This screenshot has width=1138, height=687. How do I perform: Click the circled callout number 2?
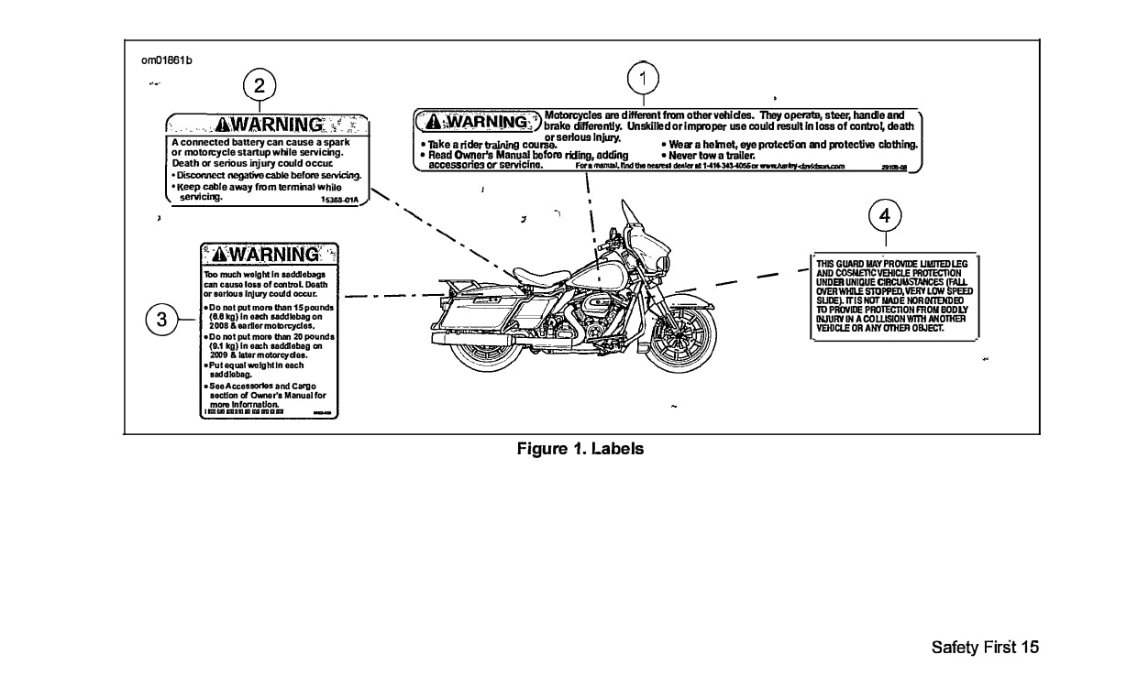(x=260, y=85)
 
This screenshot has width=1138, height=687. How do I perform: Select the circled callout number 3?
(x=161, y=320)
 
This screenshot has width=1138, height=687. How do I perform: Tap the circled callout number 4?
(x=884, y=215)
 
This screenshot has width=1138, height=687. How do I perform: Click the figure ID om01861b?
(x=166, y=60)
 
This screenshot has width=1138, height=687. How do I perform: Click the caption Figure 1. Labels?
(x=580, y=449)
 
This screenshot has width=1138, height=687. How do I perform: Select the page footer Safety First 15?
(x=985, y=648)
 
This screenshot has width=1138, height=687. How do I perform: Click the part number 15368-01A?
(x=342, y=198)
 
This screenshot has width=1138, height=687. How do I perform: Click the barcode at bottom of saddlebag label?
(x=244, y=413)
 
